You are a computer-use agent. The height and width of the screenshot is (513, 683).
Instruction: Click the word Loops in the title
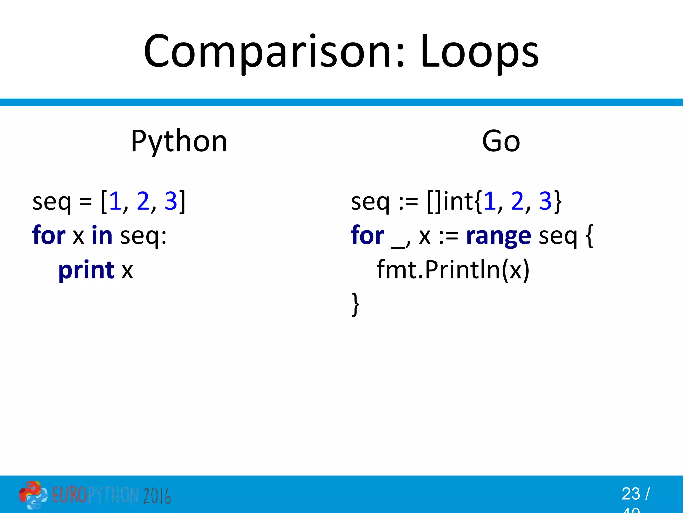pos(479,52)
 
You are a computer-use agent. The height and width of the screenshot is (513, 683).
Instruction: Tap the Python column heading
pos(179,141)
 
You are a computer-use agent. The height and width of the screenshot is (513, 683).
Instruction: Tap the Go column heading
pos(501,141)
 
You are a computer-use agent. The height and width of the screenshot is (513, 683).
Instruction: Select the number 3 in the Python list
pos(171,201)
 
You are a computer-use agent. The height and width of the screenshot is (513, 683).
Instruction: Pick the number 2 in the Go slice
pos(517,201)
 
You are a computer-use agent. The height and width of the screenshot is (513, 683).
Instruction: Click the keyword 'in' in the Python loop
pos(102,235)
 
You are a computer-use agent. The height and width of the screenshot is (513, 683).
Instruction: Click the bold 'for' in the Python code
pos(49,235)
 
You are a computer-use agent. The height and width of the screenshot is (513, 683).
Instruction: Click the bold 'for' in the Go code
pos(367,235)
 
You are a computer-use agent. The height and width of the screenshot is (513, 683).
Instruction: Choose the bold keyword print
pos(86,270)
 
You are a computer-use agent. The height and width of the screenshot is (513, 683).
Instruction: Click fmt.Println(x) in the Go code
pos(453,270)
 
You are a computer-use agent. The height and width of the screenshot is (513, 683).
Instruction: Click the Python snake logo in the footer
pos(33,495)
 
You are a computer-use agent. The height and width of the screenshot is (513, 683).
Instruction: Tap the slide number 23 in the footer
pos(631,494)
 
